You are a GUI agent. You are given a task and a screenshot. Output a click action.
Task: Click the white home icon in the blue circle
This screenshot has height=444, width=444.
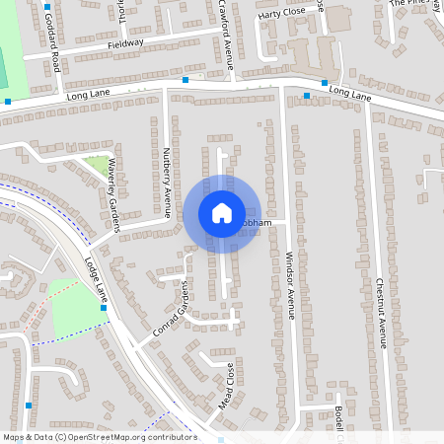(x=221, y=213)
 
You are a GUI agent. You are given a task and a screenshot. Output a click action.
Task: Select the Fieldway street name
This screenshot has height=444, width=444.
(x=125, y=43)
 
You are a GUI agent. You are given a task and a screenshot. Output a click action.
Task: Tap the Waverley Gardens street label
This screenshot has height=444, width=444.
(x=113, y=193)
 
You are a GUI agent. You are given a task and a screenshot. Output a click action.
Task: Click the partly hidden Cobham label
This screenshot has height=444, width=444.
(x=254, y=223)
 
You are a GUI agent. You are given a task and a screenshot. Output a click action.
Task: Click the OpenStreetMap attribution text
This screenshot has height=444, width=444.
(x=100, y=437)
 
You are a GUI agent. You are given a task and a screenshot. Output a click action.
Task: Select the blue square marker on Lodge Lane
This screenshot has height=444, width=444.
(x=103, y=308)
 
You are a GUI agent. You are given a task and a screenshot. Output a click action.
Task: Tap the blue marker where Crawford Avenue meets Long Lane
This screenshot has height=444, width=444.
(x=185, y=78)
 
